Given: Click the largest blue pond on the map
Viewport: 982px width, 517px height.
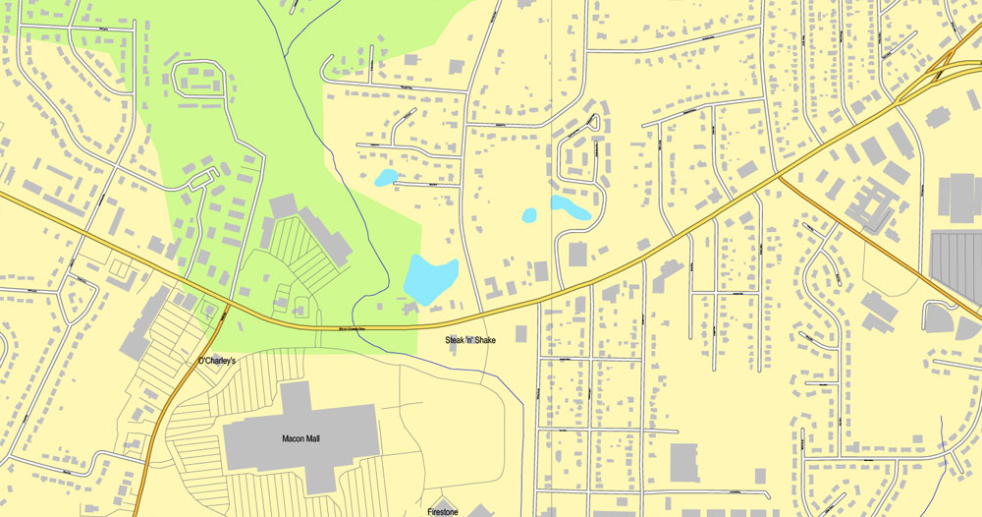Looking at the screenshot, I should (430, 279).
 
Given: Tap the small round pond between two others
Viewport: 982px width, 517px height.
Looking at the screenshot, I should (530, 214).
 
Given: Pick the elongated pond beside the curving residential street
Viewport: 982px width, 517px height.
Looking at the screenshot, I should (570, 207).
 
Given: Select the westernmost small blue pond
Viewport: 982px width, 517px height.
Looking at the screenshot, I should (385, 178).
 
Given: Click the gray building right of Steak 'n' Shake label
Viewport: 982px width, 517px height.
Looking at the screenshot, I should (520, 334).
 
